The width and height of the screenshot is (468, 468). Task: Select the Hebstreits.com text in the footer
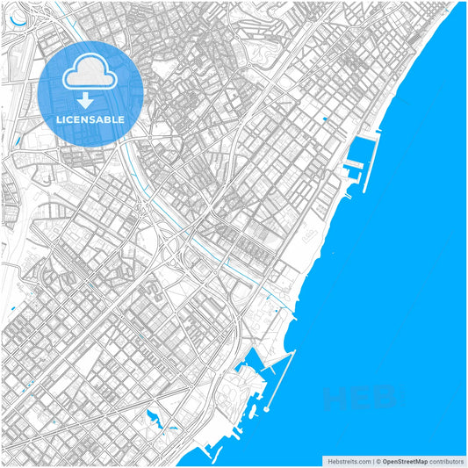pos(349,460)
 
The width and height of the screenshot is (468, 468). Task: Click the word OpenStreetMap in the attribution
pos(405,460)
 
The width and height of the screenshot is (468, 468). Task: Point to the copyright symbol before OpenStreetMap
pos(378,460)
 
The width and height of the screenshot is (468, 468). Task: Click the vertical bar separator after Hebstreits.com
pos(372,460)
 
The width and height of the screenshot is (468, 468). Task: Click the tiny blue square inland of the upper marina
pos(325,119)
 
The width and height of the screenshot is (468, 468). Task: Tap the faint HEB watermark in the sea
pos(360,400)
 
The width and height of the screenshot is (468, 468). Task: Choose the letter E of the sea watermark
pos(360,400)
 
